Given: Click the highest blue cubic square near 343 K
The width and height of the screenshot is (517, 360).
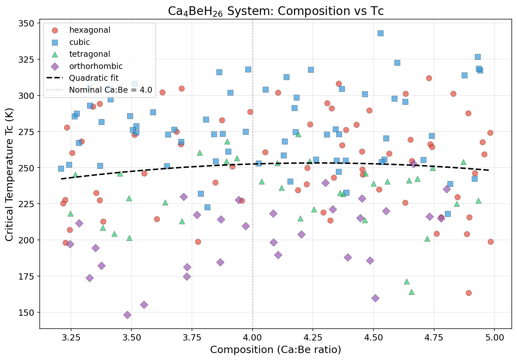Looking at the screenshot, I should pyautogui.click(x=380, y=33).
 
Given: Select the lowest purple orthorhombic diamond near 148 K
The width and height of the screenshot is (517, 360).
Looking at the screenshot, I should pyautogui.click(x=127, y=315).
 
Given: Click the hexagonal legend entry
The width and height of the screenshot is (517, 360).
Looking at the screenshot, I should pyautogui.click(x=90, y=30).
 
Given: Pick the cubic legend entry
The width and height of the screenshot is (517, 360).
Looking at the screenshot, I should pyautogui.click(x=79, y=42).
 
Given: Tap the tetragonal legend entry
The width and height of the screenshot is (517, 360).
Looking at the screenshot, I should pyautogui.click(x=90, y=54).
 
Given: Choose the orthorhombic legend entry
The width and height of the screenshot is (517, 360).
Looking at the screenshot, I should pyautogui.click(x=96, y=66).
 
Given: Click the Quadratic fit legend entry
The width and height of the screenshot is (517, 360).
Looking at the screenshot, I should pyautogui.click(x=94, y=78).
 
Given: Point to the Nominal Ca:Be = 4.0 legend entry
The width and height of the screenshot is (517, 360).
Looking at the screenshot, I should pyautogui.click(x=110, y=90).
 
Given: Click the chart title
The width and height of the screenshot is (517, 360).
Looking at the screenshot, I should pyautogui.click(x=276, y=11).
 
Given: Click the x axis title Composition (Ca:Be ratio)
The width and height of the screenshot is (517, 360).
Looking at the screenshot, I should pyautogui.click(x=276, y=350).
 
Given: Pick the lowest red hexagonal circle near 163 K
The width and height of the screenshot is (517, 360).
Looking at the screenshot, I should pyautogui.click(x=469, y=293).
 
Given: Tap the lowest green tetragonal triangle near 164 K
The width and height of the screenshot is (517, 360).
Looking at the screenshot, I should pyautogui.click(x=411, y=292).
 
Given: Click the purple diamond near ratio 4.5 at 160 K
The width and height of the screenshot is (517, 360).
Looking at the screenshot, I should pyautogui.click(x=375, y=298).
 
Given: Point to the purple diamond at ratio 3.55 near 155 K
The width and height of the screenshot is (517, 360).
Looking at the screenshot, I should pyautogui.click(x=144, y=305).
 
